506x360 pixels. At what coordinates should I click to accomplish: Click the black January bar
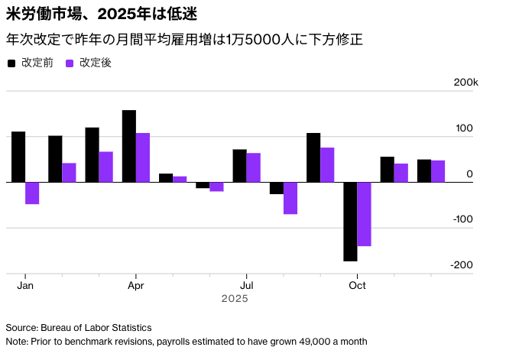[18, 157]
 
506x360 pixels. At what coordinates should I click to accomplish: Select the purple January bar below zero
[32, 193]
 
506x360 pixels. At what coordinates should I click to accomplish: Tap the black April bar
[129, 146]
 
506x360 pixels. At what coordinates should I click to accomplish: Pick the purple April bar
[143, 157]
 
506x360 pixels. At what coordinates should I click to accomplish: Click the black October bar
[350, 222]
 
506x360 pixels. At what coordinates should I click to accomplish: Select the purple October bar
[364, 214]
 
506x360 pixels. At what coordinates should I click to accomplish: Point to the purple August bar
[290, 198]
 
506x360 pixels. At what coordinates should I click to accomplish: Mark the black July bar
[239, 166]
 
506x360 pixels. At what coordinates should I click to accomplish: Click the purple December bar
[438, 171]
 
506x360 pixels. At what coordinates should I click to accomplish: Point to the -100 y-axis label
[464, 219]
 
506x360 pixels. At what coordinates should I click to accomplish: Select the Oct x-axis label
[357, 285]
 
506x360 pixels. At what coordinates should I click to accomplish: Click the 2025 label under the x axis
[235, 299]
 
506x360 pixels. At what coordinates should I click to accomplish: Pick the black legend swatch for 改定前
[11, 63]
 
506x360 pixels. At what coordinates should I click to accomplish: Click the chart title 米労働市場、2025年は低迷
[94, 15]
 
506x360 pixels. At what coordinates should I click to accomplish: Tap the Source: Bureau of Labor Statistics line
[79, 327]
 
